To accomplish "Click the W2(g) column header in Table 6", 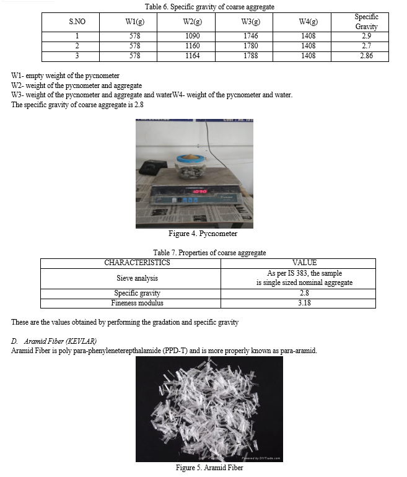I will coord(193,22).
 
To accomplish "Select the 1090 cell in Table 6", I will coord(193,36).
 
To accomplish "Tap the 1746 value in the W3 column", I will coord(250,36).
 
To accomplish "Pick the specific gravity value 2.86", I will coord(366,56).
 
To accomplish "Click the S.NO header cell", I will coord(77,22).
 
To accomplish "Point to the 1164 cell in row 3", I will coord(193,56).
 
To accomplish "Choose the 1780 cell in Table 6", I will coord(250,46).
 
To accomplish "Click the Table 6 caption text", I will coord(209,7).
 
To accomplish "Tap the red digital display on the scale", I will coord(199,191).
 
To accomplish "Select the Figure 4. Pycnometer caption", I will coord(203,234).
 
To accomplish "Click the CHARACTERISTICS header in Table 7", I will coord(137,263).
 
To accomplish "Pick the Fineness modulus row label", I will coord(137,303).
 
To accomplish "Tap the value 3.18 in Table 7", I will coord(304,303).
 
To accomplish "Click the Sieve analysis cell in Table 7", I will coord(137,278).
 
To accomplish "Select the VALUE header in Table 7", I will coord(304,263).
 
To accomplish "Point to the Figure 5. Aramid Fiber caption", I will coord(209,468).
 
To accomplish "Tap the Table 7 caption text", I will coord(209,253).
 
